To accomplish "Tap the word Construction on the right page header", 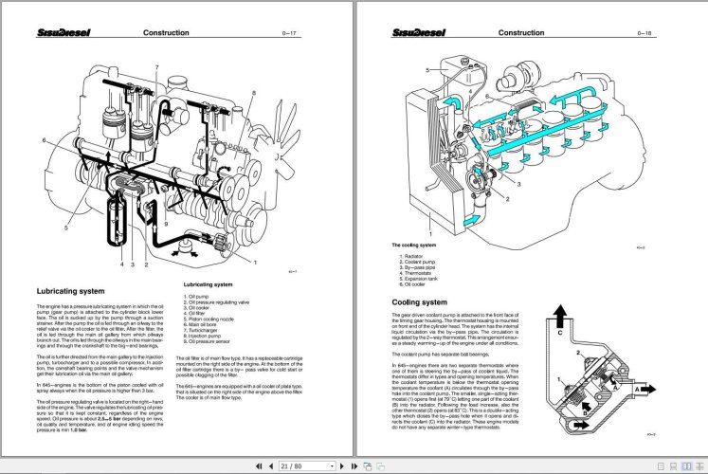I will click(521, 32).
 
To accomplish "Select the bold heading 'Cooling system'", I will click(419, 302).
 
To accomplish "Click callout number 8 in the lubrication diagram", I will click(254, 92).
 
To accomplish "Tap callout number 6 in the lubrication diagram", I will click(44, 140).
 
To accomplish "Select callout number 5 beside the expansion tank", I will click(428, 71).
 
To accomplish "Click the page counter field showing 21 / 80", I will click(296, 465).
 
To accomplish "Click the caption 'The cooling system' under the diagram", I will click(414, 246).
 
